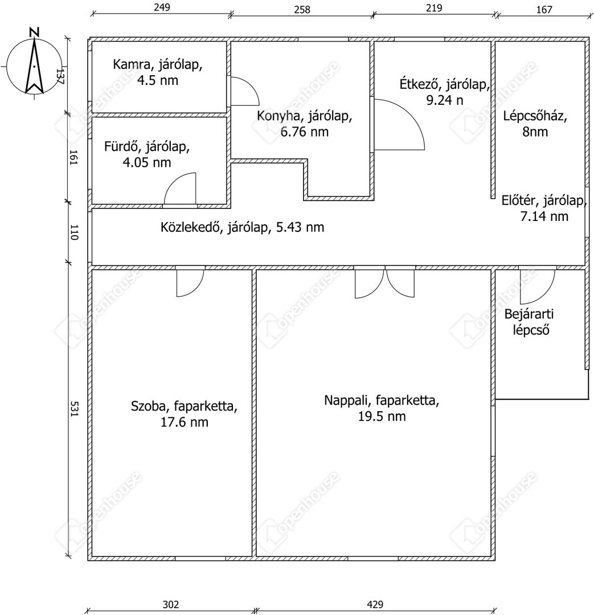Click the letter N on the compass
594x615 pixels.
click(35, 32)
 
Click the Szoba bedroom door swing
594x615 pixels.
click(189, 282)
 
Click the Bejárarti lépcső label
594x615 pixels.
click(530, 322)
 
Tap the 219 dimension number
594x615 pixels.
click(433, 8)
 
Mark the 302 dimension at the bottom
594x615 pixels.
click(171, 604)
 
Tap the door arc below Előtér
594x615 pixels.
click(536, 287)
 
